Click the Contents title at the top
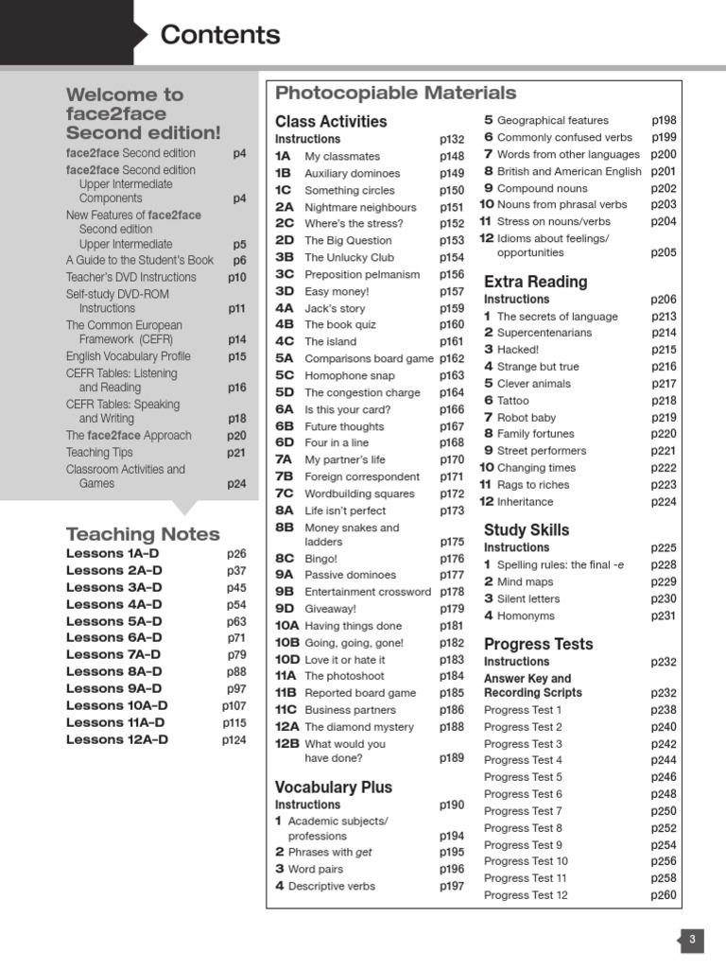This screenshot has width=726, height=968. pyautogui.click(x=220, y=35)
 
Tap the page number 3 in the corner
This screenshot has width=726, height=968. pyautogui.click(x=692, y=940)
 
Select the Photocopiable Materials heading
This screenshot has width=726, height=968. pyautogui.click(x=395, y=93)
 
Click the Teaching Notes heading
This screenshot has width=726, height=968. pyautogui.click(x=143, y=534)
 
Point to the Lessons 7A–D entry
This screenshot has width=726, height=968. pyautogui.click(x=113, y=654)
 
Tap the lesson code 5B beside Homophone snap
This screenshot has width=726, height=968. pyautogui.click(x=285, y=375)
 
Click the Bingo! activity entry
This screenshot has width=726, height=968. pyautogui.click(x=320, y=559)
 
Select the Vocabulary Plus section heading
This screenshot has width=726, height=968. pyautogui.click(x=333, y=786)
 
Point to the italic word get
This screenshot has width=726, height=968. pyautogui.click(x=363, y=852)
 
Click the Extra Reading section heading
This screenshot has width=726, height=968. pyautogui.click(x=535, y=281)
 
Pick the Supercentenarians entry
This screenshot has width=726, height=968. pyautogui.click(x=544, y=333)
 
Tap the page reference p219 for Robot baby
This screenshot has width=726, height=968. pyautogui.click(x=664, y=418)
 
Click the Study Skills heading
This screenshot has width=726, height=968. pyautogui.click(x=527, y=529)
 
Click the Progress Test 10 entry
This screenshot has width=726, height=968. pyautogui.click(x=526, y=861)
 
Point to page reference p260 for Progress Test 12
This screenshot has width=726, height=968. pyautogui.click(x=664, y=895)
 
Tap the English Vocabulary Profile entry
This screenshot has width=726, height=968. pyautogui.click(x=128, y=356)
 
